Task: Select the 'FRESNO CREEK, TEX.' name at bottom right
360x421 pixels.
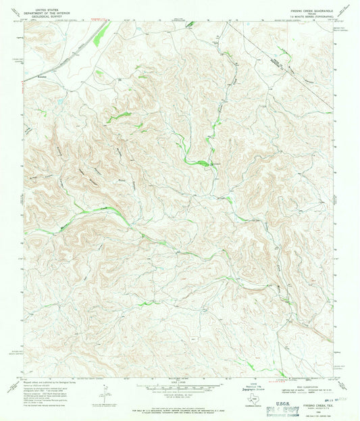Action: click(313, 397)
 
